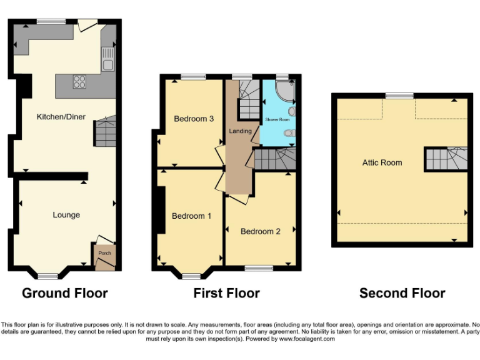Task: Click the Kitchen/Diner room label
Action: click(61, 117)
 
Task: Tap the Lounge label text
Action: click(66, 215)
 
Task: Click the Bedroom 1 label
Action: click(191, 216)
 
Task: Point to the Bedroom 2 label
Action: click(261, 231)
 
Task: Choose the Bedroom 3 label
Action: click(194, 119)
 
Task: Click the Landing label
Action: click(241, 131)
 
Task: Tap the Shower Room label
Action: click(277, 119)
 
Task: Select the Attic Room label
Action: click(382, 162)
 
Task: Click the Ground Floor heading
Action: click(65, 293)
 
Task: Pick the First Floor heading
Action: click(226, 293)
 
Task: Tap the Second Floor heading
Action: click(402, 293)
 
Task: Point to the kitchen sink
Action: click(108, 60)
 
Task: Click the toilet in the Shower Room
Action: click(289, 132)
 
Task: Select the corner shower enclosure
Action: click(286, 92)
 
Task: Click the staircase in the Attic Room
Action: click(446, 159)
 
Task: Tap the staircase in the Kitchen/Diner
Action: click(105, 131)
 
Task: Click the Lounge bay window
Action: click(47, 275)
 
